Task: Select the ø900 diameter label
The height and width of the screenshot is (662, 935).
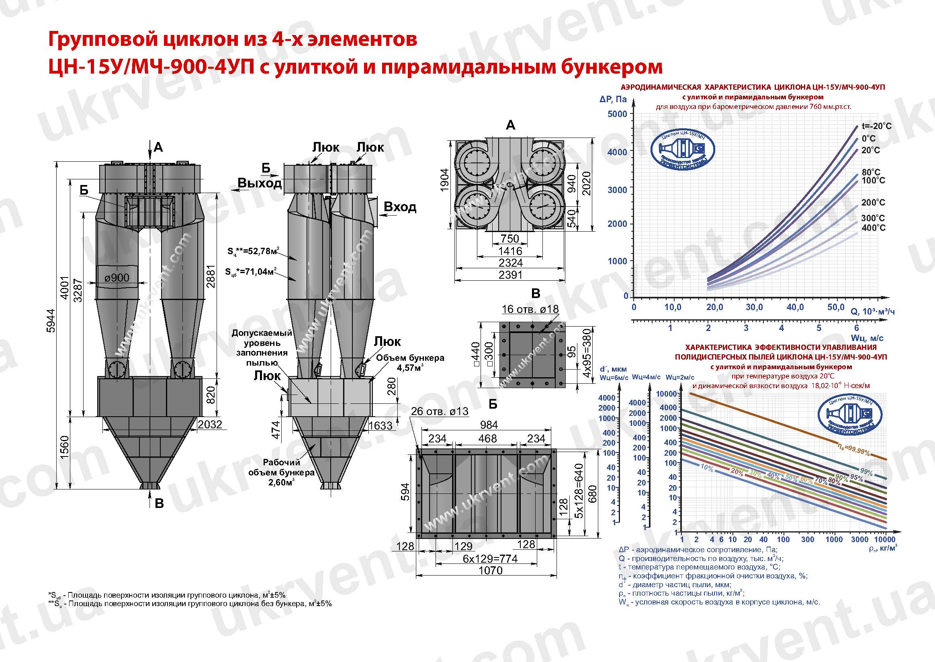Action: tap(117, 278)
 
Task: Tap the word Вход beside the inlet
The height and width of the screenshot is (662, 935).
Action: tap(400, 207)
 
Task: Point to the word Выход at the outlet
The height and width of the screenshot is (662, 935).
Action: tap(260, 183)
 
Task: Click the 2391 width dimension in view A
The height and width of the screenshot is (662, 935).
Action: tap(510, 275)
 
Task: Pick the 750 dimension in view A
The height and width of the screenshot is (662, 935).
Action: tap(510, 238)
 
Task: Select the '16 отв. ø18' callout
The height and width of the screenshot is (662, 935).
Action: tap(530, 309)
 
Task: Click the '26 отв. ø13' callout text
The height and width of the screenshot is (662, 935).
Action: tap(440, 411)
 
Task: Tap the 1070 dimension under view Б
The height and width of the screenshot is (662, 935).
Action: tap(490, 570)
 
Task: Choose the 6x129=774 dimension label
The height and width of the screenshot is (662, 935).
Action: tap(490, 559)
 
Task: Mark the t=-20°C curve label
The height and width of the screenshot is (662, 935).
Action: tap(876, 126)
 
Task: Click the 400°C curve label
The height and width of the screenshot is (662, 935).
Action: tap(873, 228)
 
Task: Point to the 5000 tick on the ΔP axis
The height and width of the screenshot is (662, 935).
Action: tap(617, 114)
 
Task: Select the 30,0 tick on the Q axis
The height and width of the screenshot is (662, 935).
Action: tap(754, 307)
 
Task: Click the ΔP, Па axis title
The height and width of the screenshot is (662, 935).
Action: tap(613, 99)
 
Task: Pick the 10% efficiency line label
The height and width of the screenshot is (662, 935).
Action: tap(706, 469)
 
